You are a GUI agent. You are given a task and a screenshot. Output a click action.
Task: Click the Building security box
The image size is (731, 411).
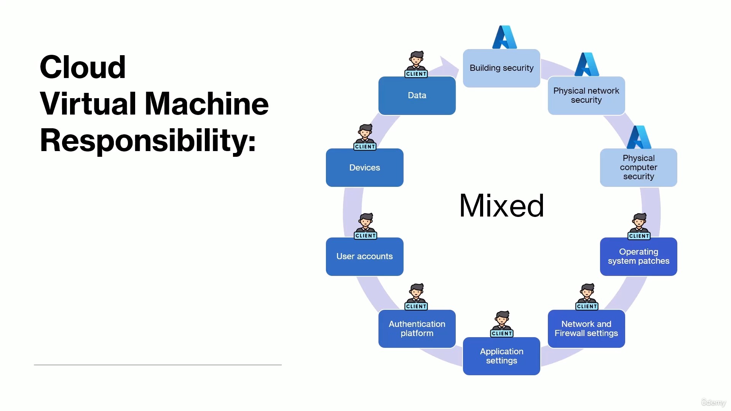coord(501,68)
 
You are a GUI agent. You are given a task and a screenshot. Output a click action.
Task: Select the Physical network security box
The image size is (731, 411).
coord(586,96)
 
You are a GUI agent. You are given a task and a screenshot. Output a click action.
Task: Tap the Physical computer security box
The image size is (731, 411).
coord(638,167)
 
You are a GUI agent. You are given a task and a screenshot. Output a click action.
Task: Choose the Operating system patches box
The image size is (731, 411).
coord(638,256)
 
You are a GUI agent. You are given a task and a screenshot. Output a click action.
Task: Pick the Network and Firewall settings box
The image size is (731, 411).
coord(586,329)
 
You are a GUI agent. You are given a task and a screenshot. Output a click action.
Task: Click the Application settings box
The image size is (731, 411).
coord(501,356)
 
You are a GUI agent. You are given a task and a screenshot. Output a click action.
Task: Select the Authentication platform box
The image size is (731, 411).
coord(417,329)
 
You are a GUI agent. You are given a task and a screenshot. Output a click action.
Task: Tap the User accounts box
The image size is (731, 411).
coord(364,256)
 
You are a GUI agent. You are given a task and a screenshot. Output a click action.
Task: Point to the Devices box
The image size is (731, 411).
coord(364,167)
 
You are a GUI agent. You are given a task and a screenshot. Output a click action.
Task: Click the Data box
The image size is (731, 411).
coord(417,96)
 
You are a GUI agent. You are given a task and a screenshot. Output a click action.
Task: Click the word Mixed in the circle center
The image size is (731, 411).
coord(501,206)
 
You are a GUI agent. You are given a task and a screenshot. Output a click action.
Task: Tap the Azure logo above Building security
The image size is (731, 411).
coord(504,37)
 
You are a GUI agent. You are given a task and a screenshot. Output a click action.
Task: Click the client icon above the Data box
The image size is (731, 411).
coord(416,64)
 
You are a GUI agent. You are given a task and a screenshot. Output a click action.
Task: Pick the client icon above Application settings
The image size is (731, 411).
coord(502,324)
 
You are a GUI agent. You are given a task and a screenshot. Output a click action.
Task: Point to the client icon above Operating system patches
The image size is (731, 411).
coord(639,226)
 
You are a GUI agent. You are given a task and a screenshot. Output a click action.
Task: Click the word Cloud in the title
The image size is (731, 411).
coord(83,67)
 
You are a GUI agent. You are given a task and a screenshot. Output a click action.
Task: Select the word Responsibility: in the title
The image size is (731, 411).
coord(148,140)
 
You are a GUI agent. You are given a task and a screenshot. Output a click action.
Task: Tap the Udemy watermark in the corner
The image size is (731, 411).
coord(713,402)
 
